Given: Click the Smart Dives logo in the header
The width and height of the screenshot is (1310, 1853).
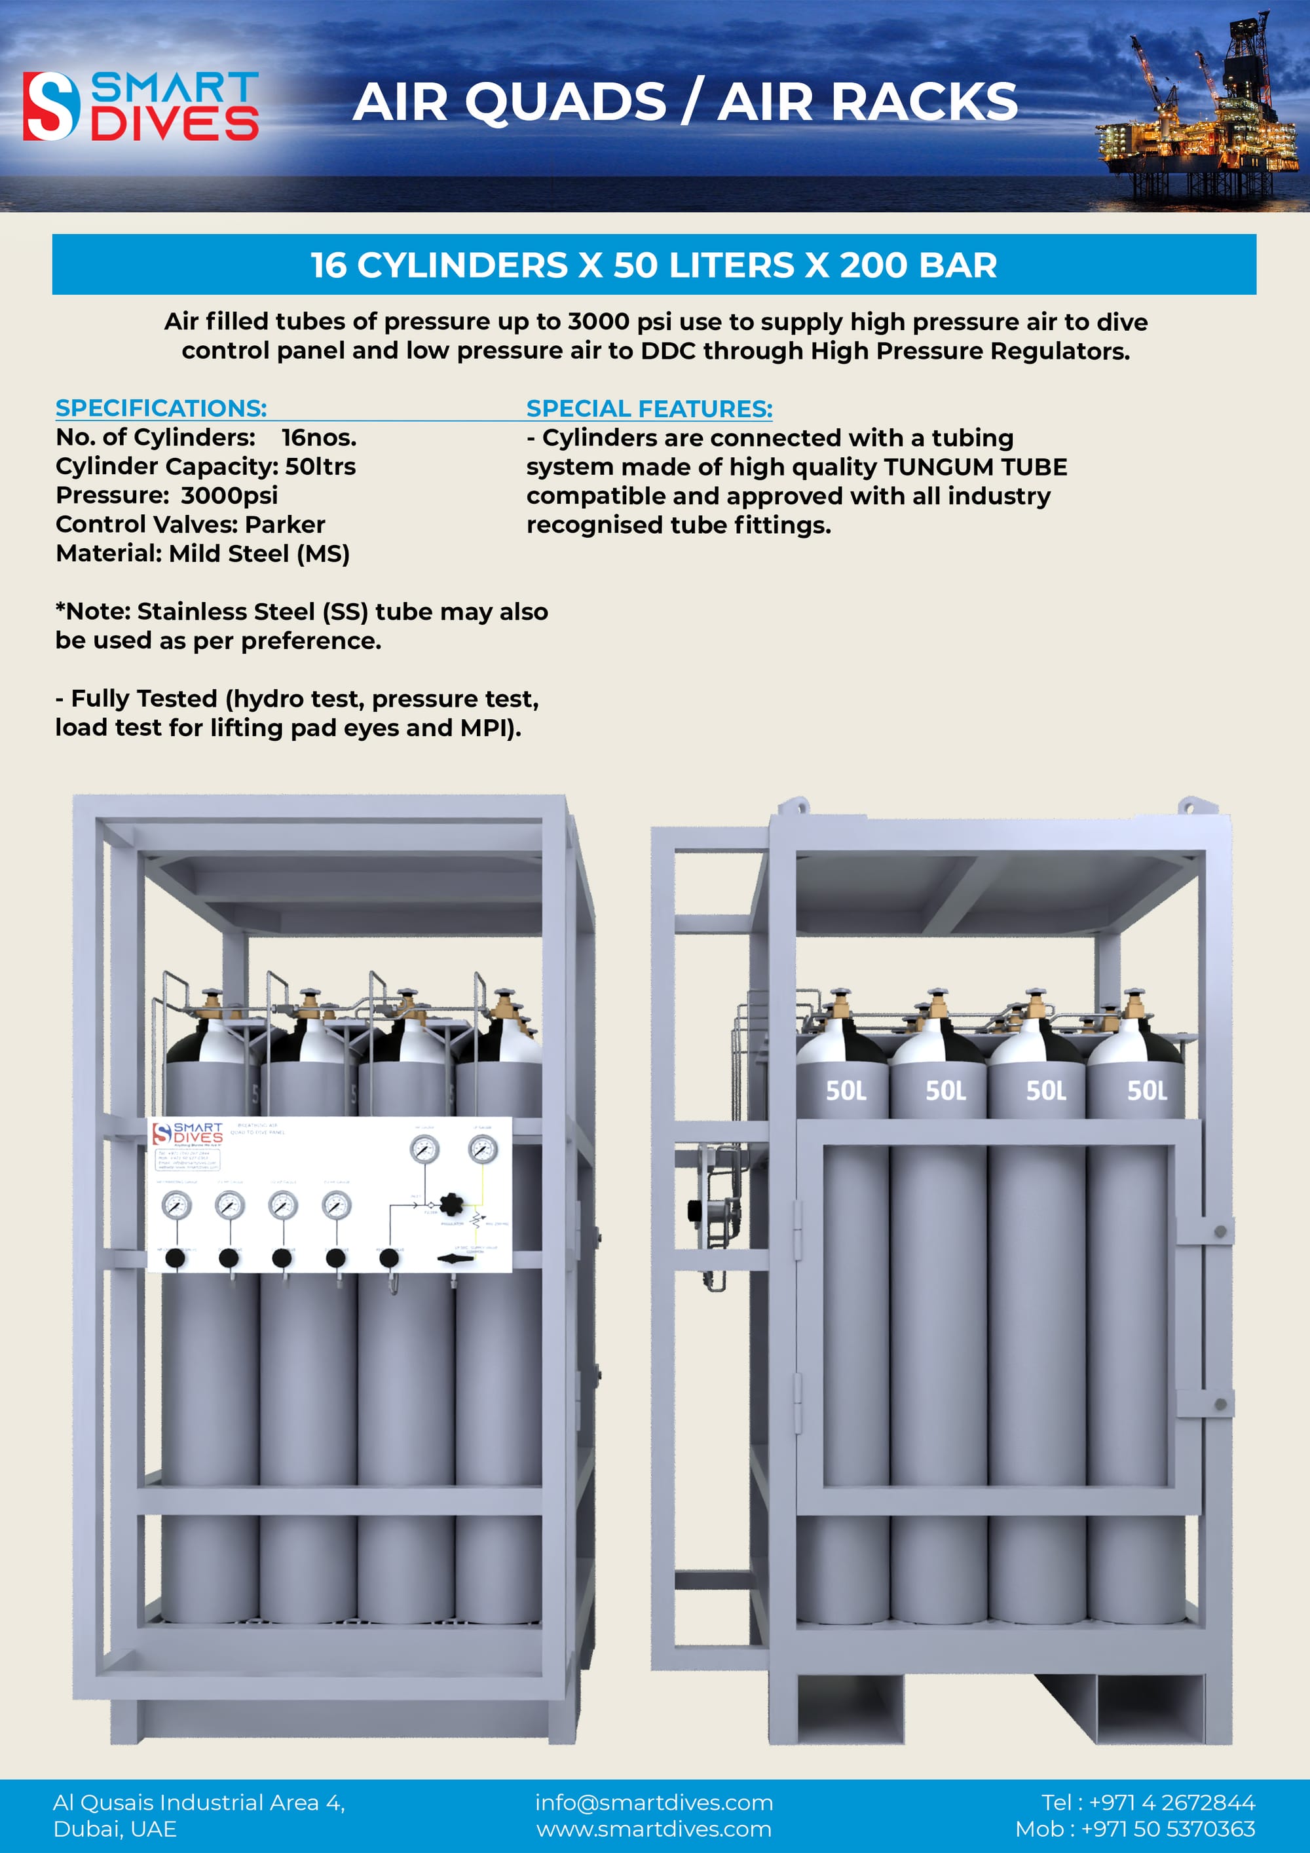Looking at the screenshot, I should (140, 105).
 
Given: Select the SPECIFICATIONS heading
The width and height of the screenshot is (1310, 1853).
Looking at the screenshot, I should (160, 407).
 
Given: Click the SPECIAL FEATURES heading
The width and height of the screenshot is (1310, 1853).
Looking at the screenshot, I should (649, 408).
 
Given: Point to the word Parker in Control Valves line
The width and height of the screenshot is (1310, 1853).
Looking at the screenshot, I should (285, 525).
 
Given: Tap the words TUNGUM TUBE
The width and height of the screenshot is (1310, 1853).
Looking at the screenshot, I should (975, 466).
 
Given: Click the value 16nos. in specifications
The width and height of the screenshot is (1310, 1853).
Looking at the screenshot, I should (319, 438).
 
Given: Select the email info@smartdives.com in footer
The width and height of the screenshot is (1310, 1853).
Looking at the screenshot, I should (654, 1802).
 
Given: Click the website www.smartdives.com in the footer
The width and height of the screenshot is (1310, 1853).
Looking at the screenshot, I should (654, 1829).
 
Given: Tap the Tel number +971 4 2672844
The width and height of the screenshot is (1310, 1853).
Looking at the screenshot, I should (1171, 1802).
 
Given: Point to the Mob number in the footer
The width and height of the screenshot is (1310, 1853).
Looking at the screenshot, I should (1135, 1829).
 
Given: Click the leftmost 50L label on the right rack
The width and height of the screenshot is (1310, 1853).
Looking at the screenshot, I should (845, 1091).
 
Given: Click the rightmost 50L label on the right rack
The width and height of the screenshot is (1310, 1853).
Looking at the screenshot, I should (1146, 1091).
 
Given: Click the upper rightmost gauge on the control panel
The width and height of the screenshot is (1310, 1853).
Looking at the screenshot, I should (483, 1148).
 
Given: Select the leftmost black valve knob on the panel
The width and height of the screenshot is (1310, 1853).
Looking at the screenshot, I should (175, 1258).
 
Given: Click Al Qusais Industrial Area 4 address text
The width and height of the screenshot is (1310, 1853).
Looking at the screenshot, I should (198, 1802).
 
